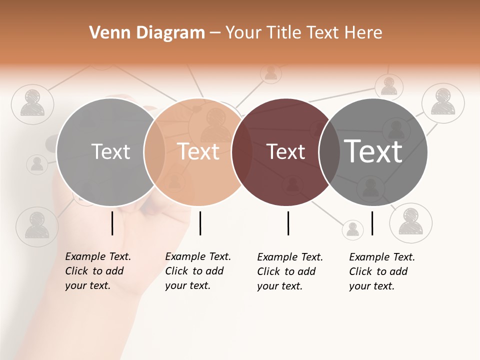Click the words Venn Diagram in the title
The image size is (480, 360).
147,33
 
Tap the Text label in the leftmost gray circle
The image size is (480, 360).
110,151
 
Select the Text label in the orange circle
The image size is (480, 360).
198,151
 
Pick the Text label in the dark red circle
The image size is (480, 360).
285,152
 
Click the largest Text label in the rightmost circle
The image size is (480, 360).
373,151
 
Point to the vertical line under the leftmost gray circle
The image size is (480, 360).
112,223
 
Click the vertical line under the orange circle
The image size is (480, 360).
200,223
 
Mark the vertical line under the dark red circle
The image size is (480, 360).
288,223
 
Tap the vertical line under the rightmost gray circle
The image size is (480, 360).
372,223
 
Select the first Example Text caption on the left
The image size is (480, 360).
98,271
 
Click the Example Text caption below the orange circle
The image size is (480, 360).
198,271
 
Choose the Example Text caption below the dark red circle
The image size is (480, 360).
290,271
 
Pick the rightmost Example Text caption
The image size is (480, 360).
382,271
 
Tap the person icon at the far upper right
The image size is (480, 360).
443,103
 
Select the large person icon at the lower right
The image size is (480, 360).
410,223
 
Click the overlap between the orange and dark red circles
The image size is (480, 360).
242,152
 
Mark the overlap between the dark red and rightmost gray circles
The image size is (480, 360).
329,152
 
